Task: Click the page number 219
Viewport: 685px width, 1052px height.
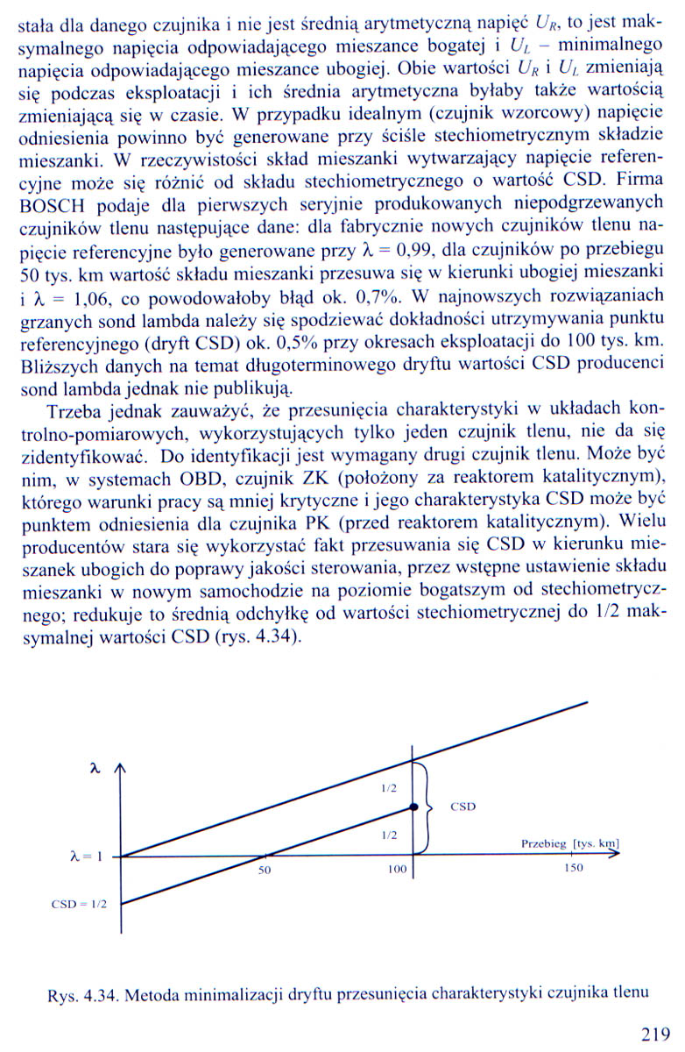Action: click(654, 1035)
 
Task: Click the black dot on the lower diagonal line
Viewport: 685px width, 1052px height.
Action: click(413, 805)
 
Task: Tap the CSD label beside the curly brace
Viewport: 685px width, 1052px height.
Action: click(463, 807)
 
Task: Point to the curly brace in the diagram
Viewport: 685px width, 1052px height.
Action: click(428, 806)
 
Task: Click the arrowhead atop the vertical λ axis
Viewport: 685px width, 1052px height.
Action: click(121, 769)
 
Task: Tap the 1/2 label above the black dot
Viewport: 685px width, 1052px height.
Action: click(388, 787)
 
